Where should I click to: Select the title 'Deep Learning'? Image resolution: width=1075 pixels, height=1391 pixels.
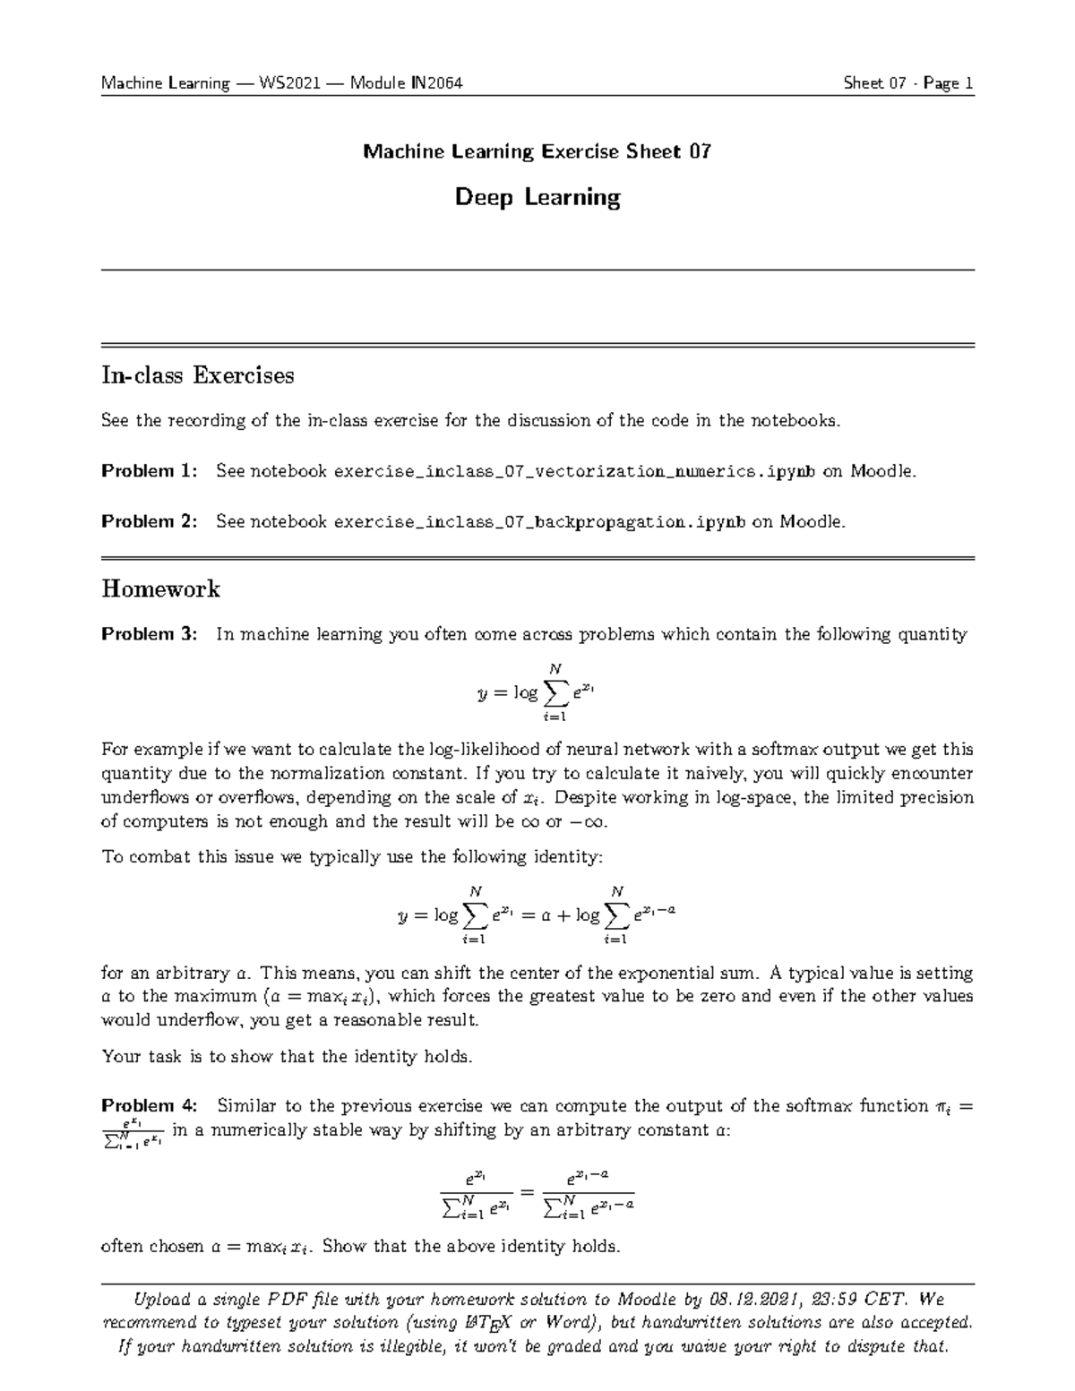pos(537,197)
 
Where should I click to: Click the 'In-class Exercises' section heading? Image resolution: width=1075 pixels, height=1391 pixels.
pos(197,375)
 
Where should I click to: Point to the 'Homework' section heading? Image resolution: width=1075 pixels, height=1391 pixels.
pos(160,589)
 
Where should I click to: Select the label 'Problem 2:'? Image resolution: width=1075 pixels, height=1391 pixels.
pos(149,521)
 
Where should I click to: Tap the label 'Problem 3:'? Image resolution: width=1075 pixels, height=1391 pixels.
pos(149,635)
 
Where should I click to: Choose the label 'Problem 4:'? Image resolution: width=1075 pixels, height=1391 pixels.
pos(149,1106)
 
